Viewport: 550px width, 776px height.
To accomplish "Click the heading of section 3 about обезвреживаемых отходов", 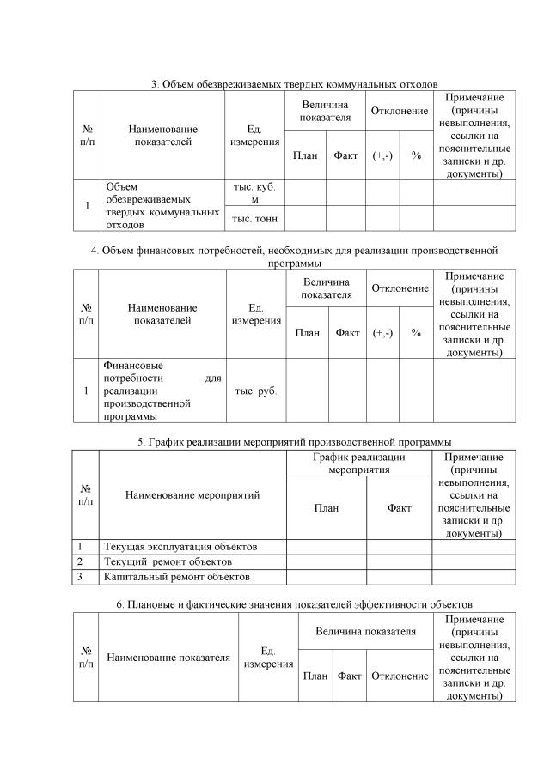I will point(295,84).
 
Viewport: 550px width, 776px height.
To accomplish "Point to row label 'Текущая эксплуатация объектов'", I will point(180,546).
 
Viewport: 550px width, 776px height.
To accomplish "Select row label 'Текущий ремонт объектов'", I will point(168,561).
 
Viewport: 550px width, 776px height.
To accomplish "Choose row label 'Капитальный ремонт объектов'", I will point(176,576).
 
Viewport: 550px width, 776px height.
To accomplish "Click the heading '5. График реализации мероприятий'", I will point(295,442).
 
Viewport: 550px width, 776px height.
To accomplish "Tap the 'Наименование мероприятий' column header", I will point(192,494).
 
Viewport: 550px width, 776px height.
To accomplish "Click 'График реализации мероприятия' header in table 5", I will point(358,464).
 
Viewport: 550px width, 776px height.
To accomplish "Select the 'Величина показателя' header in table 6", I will point(365,632).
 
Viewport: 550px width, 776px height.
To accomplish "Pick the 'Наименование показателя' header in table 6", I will point(168,658).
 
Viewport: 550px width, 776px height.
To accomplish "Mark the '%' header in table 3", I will point(416,155).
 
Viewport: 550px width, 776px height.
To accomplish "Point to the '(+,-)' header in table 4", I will point(382,332).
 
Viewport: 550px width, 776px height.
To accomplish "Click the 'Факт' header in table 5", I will point(399,507).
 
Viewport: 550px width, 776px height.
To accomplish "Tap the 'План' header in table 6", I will point(315,676).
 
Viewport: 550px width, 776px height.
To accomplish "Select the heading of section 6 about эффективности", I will point(295,604).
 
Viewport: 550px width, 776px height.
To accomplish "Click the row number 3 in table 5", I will point(79,576).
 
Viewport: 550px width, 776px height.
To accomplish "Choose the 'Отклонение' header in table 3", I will point(399,111).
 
